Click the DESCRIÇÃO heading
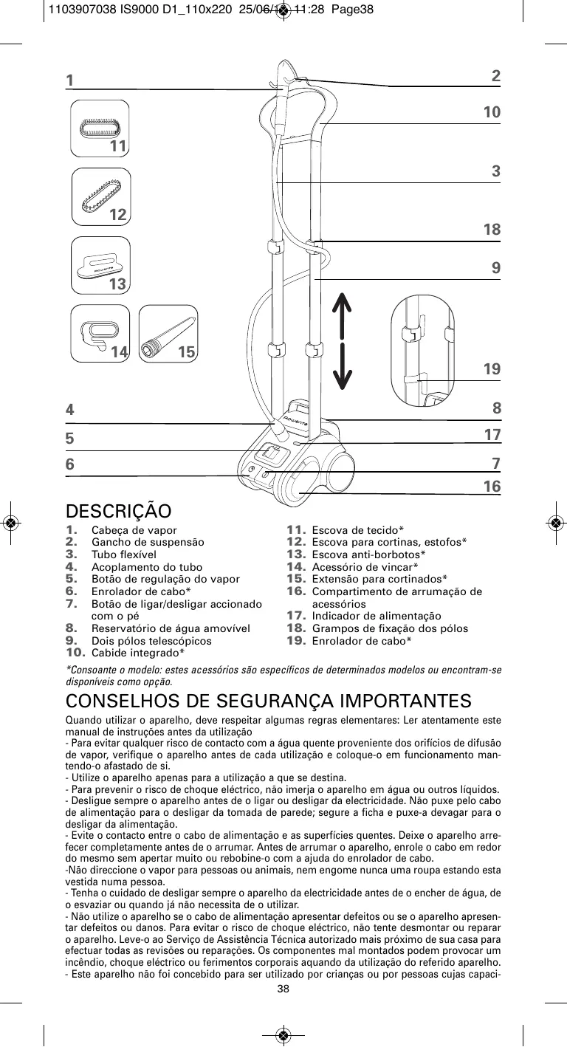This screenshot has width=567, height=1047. [119, 512]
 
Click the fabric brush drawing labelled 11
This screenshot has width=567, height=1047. [100, 127]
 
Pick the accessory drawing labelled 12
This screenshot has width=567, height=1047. [101, 195]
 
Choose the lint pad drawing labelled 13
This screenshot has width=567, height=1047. [100, 264]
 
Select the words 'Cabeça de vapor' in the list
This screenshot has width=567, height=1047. [134, 530]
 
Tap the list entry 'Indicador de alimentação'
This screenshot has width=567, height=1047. [377, 616]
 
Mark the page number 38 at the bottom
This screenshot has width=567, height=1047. [283, 989]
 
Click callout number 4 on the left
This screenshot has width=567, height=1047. [70, 409]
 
